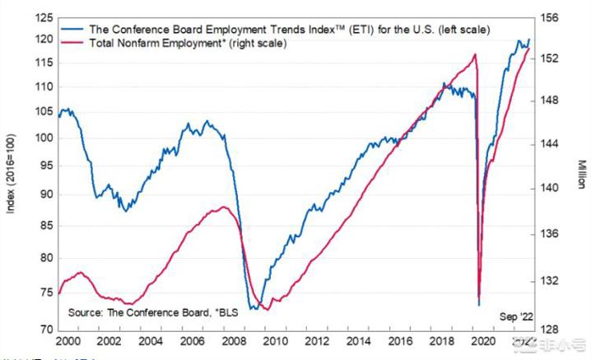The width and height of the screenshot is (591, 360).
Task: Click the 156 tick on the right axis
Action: [548, 16]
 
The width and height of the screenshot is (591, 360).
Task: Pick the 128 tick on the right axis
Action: [548, 330]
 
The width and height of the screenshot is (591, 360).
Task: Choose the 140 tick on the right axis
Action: [548, 188]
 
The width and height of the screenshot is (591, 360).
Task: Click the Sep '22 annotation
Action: [515, 316]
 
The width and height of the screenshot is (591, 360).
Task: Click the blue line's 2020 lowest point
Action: [478, 306]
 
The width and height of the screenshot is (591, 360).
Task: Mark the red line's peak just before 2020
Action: [476, 54]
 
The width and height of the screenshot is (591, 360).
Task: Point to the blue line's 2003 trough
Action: [126, 211]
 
